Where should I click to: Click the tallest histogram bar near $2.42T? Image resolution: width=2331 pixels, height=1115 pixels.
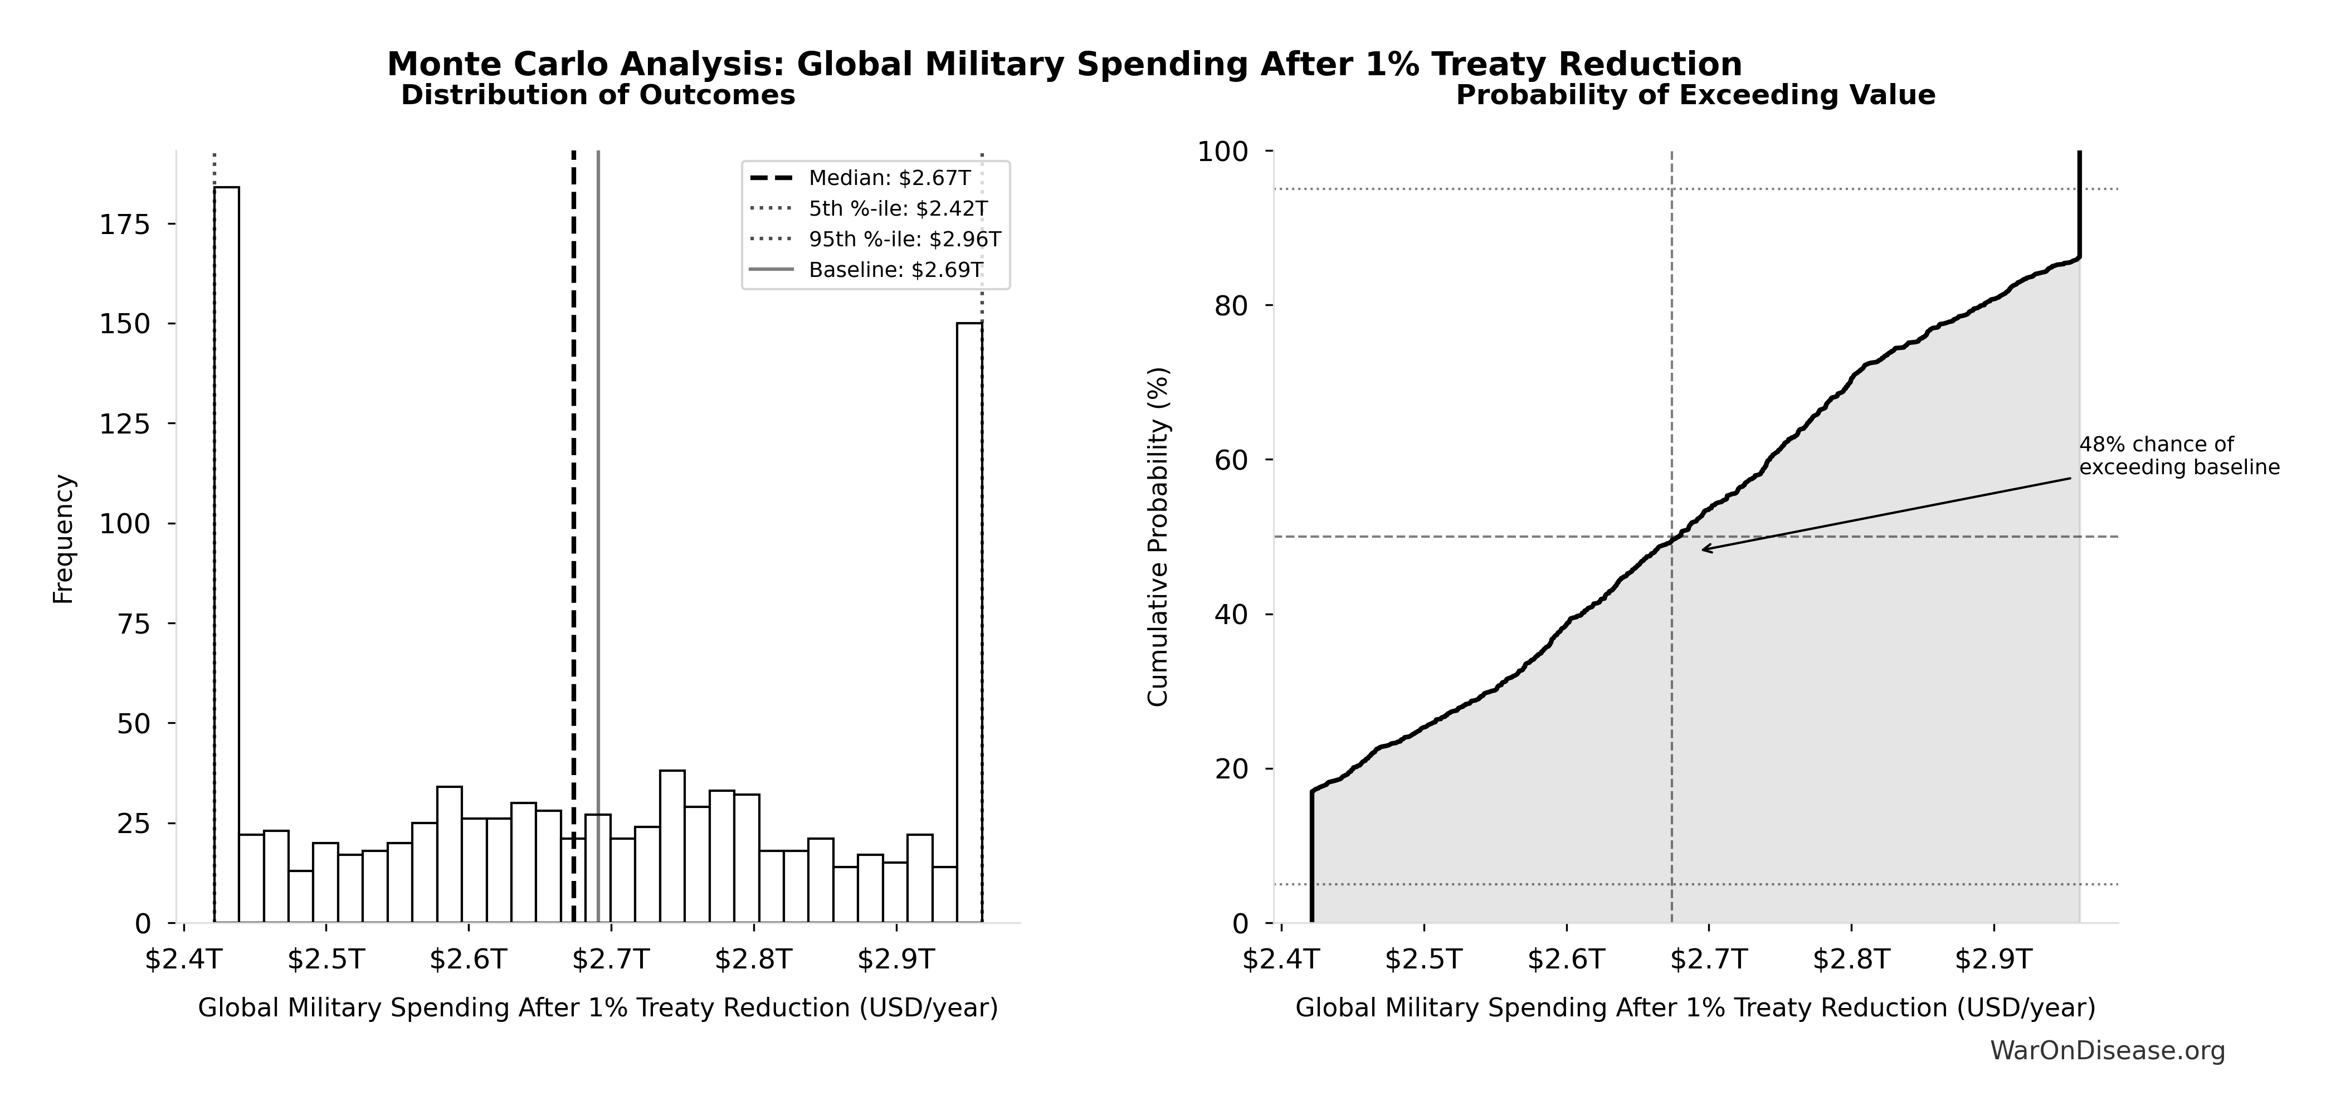[x=226, y=554]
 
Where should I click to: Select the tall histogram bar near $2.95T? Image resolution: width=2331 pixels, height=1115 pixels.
[x=969, y=622]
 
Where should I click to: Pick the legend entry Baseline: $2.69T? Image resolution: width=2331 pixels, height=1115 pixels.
[x=895, y=270]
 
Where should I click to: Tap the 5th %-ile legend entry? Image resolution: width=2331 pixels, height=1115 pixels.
[x=898, y=209]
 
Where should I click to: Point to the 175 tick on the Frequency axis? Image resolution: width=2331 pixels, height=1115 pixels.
[x=126, y=225]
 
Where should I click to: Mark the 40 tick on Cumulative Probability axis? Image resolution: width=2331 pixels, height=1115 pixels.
[x=1232, y=615]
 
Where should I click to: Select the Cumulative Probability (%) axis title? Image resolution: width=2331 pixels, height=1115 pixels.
[x=1158, y=536]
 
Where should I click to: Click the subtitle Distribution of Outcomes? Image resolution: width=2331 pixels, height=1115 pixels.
[x=598, y=96]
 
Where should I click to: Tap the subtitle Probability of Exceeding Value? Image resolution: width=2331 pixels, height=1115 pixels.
[x=1695, y=96]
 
